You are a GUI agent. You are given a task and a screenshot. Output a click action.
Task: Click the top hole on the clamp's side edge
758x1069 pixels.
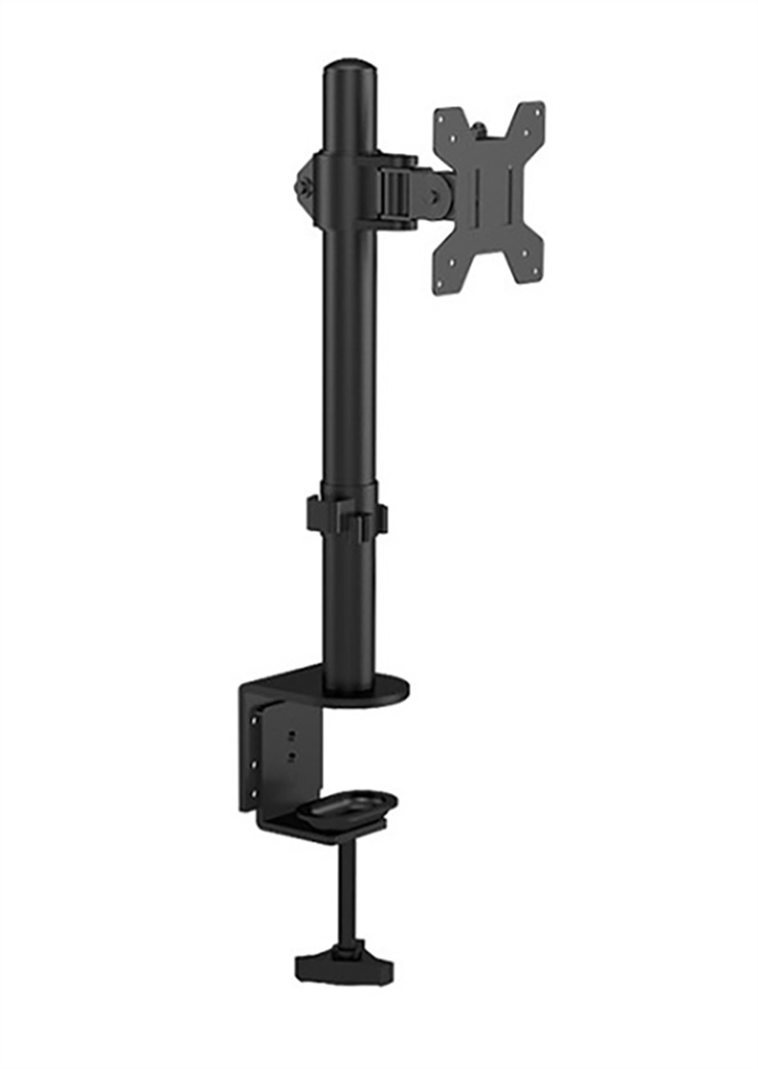[x=253, y=722]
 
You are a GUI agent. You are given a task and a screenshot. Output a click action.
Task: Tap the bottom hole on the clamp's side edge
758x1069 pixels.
[x=253, y=794]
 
